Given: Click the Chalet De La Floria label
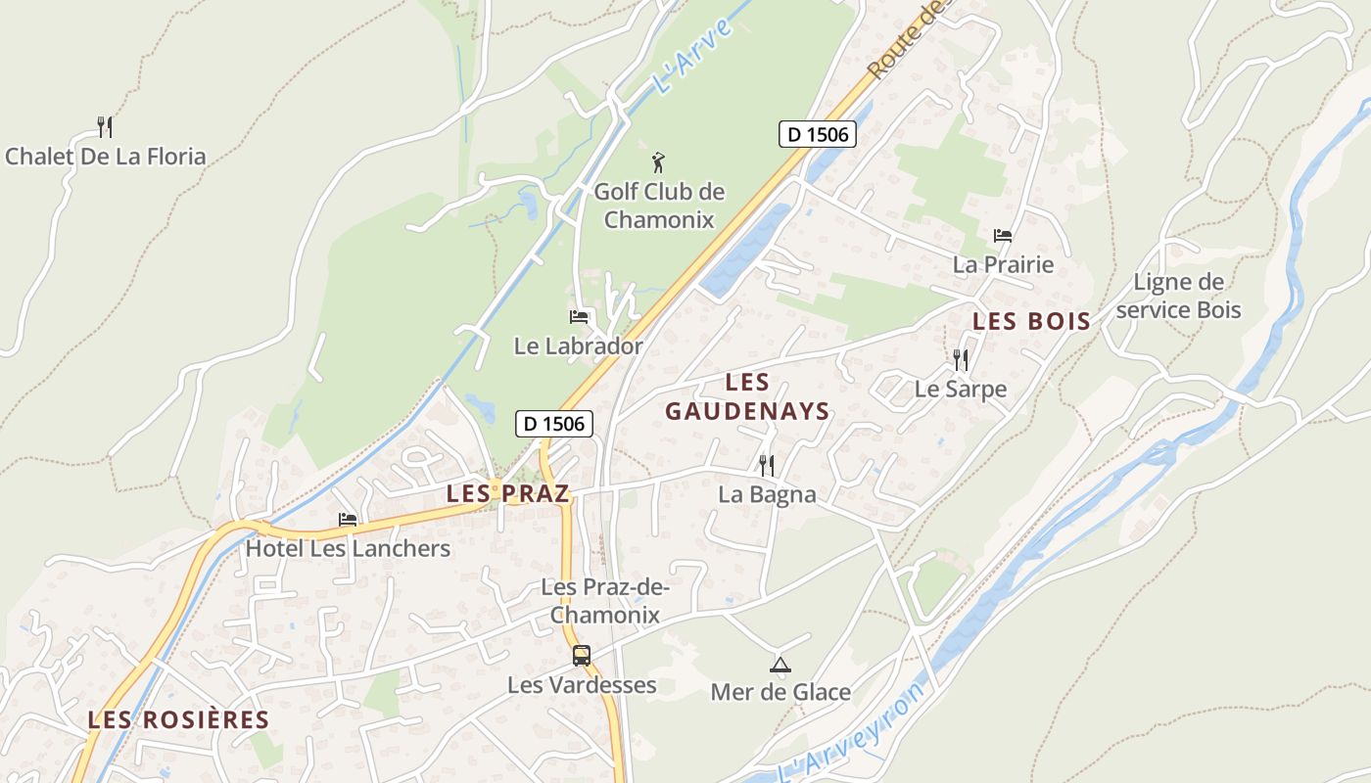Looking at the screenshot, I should point(106,157).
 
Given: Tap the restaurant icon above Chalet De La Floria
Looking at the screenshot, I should point(105,126).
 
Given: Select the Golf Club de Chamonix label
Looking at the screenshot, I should point(659,205).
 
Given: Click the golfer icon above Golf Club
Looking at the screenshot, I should point(659,161).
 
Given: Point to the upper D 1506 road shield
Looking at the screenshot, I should point(818,134).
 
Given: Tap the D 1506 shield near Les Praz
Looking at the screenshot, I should point(554,424).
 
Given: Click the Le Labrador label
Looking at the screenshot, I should point(579,346).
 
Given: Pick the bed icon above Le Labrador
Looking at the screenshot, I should point(579,317).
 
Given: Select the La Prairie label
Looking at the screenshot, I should point(1003,264).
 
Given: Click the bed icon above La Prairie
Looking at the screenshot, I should point(1003,235).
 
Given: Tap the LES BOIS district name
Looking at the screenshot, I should point(1031,321).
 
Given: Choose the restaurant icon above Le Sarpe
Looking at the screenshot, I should point(961,359).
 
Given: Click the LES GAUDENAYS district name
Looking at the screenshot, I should point(748,396).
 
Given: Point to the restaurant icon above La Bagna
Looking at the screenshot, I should point(767,465).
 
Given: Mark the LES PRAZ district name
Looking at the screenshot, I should point(507,494).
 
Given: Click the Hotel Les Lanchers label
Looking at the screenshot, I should point(348,548).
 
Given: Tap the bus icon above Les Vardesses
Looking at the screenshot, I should point(582,655).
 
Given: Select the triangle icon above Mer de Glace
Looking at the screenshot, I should point(780,665).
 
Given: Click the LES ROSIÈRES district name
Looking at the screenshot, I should point(178,720).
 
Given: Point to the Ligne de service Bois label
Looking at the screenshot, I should point(1178,297).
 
